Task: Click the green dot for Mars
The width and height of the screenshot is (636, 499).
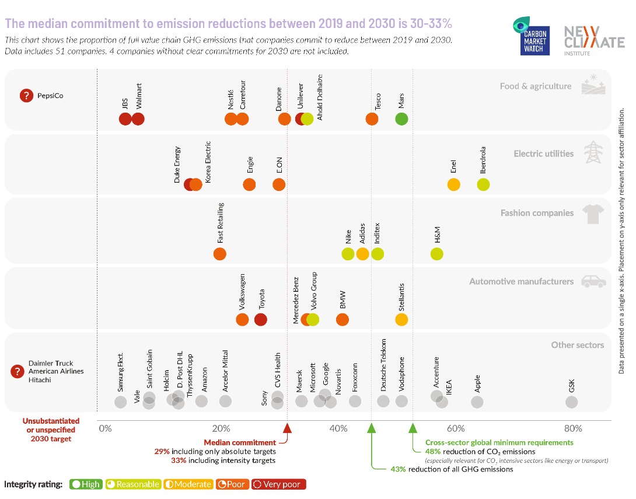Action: point(401,118)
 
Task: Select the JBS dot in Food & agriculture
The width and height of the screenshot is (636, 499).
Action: point(125,118)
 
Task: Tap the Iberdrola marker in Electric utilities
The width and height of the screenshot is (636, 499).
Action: point(483,184)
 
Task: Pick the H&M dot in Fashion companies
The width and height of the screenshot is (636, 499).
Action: point(437,254)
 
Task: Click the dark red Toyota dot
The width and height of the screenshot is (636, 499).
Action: point(261,319)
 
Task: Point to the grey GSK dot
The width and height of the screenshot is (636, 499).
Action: point(572,402)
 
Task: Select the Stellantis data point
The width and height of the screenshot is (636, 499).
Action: point(401,319)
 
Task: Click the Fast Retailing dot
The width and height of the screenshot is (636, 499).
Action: point(219,254)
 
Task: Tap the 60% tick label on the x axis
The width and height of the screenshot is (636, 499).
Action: point(456,428)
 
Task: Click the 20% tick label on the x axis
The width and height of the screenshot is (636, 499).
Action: point(221,428)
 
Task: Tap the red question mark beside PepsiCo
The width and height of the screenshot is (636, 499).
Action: point(26,96)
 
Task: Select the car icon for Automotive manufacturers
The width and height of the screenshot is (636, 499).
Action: point(593,281)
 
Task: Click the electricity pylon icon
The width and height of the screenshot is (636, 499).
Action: point(593,152)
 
